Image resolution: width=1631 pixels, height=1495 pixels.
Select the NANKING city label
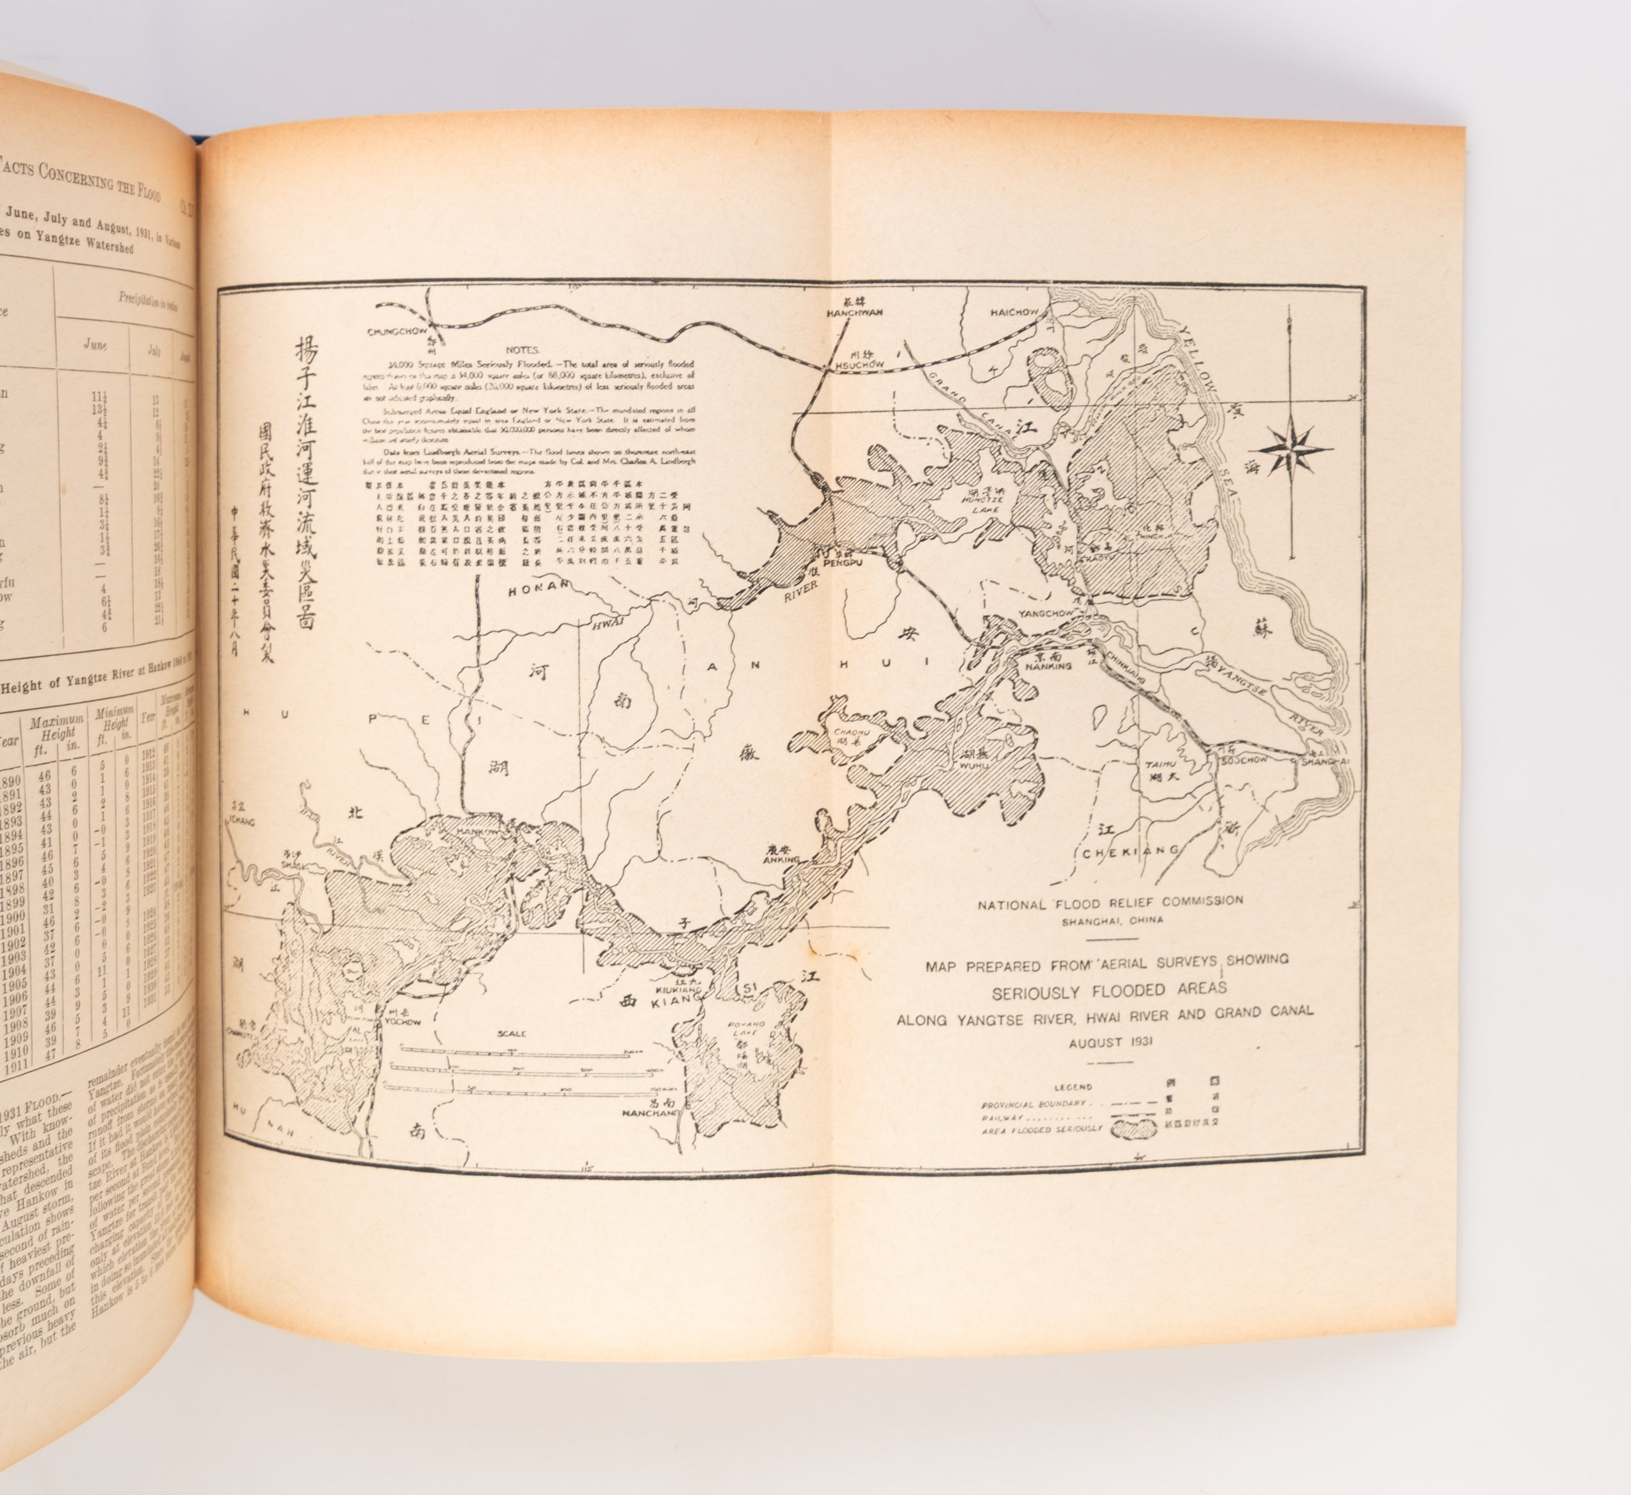pyautogui.click(x=1047, y=666)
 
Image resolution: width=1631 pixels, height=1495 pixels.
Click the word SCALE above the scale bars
pyautogui.click(x=513, y=1034)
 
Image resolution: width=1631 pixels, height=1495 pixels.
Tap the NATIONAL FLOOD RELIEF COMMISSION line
pyautogui.click(x=1110, y=902)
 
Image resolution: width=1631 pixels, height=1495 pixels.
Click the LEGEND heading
pyautogui.click(x=1074, y=1087)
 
